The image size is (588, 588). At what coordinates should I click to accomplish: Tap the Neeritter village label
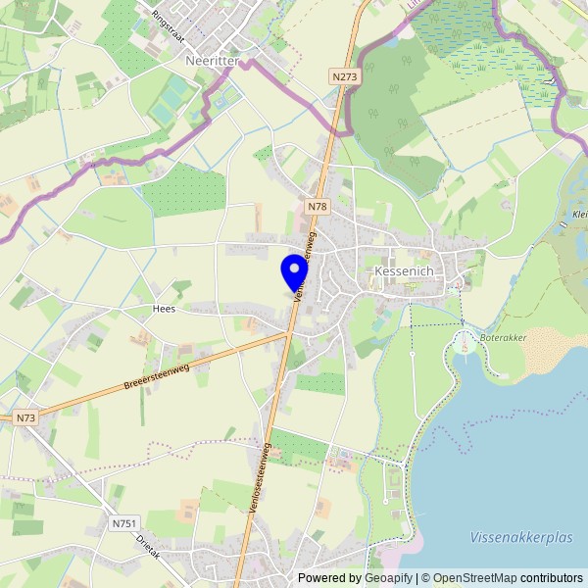212,60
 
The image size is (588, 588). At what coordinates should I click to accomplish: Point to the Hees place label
163,308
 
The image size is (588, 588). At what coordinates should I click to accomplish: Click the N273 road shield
344,75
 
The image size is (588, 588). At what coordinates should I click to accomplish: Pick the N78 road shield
317,207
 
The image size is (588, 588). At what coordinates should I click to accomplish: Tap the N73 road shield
26,417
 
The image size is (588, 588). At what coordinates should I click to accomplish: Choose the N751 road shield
124,523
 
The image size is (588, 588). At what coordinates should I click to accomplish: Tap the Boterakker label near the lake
503,337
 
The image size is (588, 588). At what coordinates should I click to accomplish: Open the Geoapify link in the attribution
389,578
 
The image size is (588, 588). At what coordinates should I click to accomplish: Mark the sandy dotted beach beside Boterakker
553,349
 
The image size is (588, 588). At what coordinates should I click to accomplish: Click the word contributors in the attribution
552,578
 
